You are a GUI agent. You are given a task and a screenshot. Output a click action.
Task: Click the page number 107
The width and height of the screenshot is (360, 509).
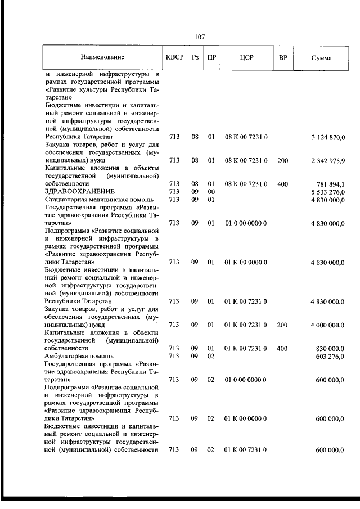coord(199,37)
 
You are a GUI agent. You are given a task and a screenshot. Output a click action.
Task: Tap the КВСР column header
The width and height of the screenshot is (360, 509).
coord(174,57)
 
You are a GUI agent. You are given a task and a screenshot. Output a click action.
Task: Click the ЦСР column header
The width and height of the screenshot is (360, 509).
coord(246,57)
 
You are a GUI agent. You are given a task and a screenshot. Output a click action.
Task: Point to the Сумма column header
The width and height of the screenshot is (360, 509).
coord(321,58)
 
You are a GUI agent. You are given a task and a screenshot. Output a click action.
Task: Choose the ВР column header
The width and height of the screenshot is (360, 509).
coord(283,57)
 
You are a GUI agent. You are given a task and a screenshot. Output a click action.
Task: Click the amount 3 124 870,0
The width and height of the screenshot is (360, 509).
coord(327,137)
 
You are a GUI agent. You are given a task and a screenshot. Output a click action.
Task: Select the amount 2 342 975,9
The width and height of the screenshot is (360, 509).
coord(327,160)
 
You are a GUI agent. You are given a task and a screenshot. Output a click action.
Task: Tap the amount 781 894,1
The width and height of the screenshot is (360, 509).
coord(330,184)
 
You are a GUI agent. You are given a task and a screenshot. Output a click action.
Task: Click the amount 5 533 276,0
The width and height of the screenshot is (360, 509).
coord(327,192)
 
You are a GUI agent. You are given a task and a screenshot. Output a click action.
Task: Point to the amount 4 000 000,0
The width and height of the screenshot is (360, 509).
coord(327,325)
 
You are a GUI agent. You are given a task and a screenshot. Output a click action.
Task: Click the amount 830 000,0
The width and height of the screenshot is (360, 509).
coord(330,348)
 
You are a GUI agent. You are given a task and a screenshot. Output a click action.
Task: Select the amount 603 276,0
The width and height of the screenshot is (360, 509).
coord(330,356)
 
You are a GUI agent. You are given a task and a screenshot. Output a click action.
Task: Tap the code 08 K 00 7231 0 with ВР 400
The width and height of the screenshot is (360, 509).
coord(246,184)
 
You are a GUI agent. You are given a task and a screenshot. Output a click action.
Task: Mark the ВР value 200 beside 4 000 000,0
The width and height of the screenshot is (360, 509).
coord(283,325)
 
